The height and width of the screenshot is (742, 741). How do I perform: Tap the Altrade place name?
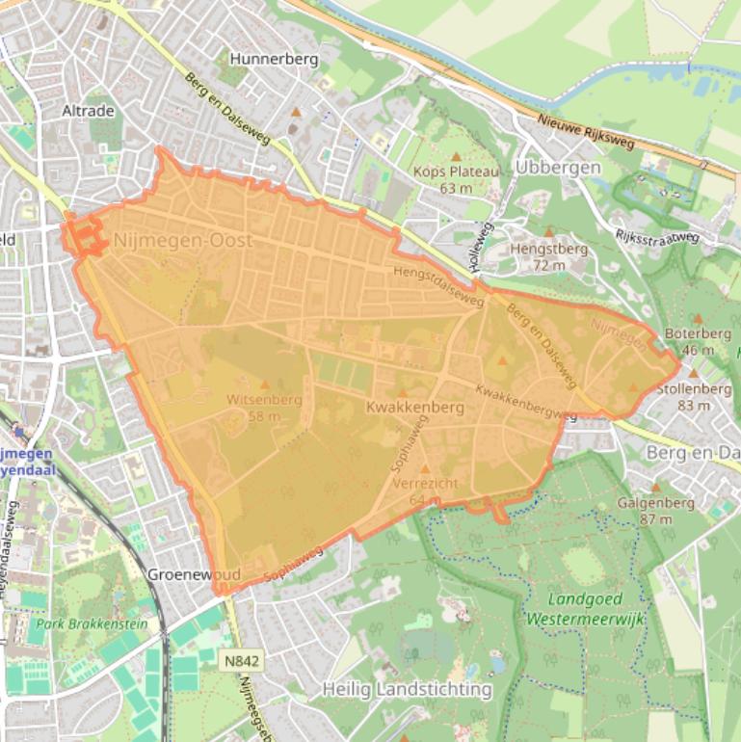(x=88, y=111)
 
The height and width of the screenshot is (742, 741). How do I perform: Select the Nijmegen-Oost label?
(x=183, y=240)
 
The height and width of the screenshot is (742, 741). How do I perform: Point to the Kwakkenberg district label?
(x=415, y=408)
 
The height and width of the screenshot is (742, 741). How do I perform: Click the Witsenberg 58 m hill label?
(x=264, y=408)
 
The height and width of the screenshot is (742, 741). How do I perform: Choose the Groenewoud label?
(x=194, y=573)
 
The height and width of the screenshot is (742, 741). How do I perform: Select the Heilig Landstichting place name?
(x=408, y=689)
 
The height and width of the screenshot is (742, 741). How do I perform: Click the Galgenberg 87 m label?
(x=655, y=511)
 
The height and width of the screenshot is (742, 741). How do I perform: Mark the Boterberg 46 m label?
(x=698, y=341)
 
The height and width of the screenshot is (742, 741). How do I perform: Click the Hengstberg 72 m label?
(x=548, y=256)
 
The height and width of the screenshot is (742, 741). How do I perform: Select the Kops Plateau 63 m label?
(x=457, y=179)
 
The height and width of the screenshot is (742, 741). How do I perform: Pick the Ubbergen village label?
(x=558, y=167)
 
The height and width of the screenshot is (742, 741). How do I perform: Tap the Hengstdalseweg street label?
(x=438, y=281)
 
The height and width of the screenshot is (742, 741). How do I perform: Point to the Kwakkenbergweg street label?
(x=526, y=405)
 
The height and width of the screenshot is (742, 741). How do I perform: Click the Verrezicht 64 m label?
(x=425, y=490)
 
